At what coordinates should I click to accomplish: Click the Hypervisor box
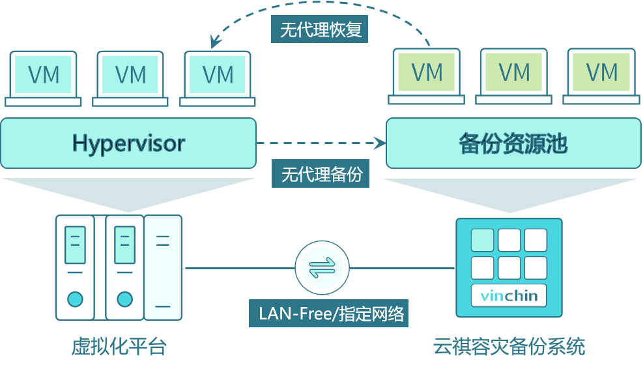tap(128, 143)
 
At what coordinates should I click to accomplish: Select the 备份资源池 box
tap(512, 143)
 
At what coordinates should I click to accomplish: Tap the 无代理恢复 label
tap(321, 30)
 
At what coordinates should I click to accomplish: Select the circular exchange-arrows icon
tap(322, 267)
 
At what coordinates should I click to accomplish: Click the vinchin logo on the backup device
tap(509, 296)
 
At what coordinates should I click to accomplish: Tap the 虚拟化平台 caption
tap(119, 346)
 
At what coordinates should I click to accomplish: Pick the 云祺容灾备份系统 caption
tap(509, 346)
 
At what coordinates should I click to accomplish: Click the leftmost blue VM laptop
tap(44, 78)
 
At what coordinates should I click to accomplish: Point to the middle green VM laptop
tap(514, 76)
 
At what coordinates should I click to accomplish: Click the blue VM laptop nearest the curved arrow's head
tap(218, 78)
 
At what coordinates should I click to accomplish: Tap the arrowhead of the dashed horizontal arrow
tap(378, 142)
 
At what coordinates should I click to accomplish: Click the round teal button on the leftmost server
tap(75, 299)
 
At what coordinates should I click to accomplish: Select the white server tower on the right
tap(163, 267)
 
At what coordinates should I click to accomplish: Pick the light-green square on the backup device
tap(482, 240)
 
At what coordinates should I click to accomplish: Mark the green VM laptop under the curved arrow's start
tap(427, 76)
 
